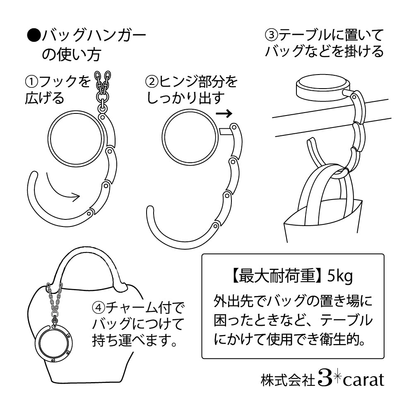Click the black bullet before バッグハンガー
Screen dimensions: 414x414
[34, 36]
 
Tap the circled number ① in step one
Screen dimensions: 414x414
[32, 82]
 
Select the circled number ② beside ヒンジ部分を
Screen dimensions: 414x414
[152, 82]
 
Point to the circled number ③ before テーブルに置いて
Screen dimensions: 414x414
[272, 35]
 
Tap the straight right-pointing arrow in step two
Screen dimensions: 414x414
[224, 113]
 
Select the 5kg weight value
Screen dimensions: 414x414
[340, 277]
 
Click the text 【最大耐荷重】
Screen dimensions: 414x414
[278, 276]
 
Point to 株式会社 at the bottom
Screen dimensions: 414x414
[288, 380]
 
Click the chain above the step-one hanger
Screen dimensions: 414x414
[103, 90]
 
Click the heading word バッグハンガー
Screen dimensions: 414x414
[94, 36]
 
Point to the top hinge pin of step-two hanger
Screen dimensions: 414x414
[233, 127]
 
